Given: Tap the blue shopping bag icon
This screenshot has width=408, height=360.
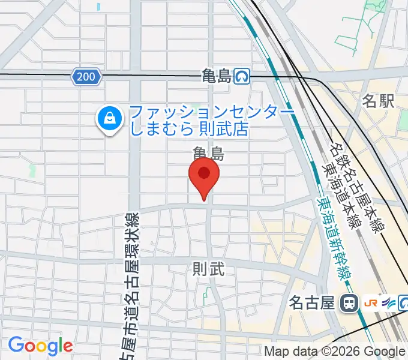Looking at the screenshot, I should (x=110, y=118).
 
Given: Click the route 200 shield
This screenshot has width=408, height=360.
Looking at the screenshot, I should (x=87, y=76).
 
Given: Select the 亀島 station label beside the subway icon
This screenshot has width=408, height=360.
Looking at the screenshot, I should (x=217, y=76).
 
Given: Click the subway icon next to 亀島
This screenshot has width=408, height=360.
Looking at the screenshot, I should (x=242, y=76).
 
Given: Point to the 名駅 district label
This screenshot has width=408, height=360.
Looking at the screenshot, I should (x=378, y=101).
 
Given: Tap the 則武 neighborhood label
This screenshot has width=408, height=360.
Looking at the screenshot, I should (x=208, y=269).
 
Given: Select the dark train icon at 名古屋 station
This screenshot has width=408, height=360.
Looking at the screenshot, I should (x=347, y=304).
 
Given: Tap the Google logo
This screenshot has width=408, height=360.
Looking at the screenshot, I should (x=40, y=346).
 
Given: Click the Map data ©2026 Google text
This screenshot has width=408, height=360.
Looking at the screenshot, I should (x=335, y=352).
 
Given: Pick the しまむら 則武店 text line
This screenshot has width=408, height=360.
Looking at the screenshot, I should (x=188, y=129).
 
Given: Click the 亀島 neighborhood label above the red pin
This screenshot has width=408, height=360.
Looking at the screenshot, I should (x=208, y=154).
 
